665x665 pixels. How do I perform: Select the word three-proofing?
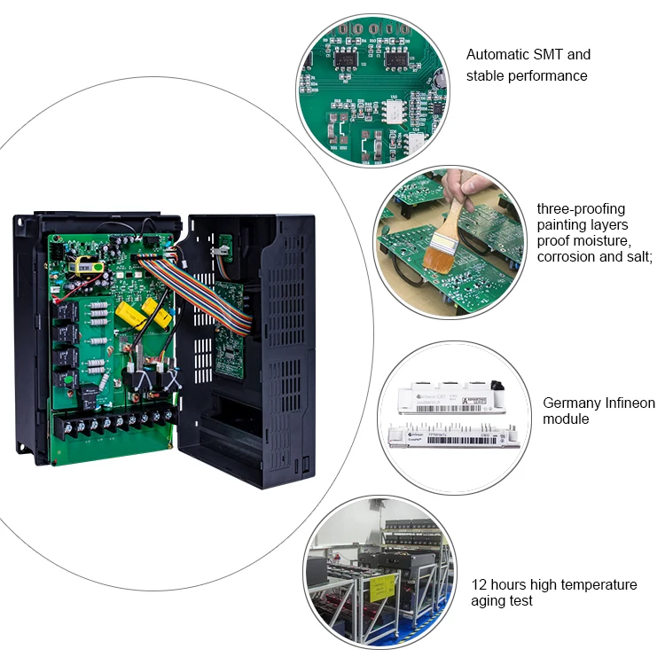pyautogui.click(x=581, y=209)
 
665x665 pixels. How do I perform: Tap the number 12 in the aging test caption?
pyautogui.click(x=479, y=584)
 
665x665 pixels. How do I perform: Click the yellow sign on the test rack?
pyautogui.click(x=382, y=587)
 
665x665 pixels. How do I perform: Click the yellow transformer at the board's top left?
pyautogui.click(x=85, y=264)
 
